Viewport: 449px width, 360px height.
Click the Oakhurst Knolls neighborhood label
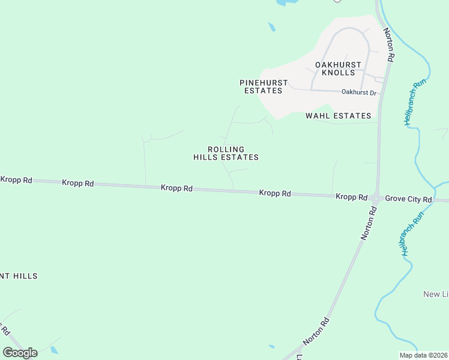pyautogui.click(x=338, y=68)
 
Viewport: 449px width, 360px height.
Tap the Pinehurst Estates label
pyautogui.click(x=264, y=86)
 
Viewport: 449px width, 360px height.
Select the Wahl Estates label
pyautogui.click(x=339, y=115)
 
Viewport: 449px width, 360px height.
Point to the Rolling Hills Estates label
pyautogui.click(x=226, y=153)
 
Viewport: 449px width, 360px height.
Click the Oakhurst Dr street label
pyautogui.click(x=358, y=92)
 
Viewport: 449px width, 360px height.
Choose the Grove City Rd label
pyautogui.click(x=409, y=199)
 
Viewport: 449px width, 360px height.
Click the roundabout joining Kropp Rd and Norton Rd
pyautogui.click(x=376, y=197)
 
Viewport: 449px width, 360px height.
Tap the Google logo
pyautogui.click(x=20, y=353)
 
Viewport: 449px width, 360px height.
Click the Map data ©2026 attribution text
pyautogui.click(x=423, y=355)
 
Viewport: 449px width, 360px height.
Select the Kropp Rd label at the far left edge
pyautogui.click(x=16, y=179)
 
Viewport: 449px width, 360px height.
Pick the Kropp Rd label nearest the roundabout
pyautogui.click(x=351, y=197)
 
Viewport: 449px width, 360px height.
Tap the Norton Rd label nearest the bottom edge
pyautogui.click(x=316, y=331)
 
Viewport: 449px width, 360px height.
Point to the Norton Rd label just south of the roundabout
pyautogui.click(x=369, y=223)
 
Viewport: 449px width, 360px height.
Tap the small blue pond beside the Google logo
pyautogui.click(x=55, y=350)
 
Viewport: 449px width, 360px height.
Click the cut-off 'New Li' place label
pyautogui.click(x=436, y=294)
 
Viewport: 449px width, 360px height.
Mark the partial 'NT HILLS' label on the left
pyautogui.click(x=19, y=276)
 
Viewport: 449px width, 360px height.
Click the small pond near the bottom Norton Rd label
pyautogui.click(x=272, y=346)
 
